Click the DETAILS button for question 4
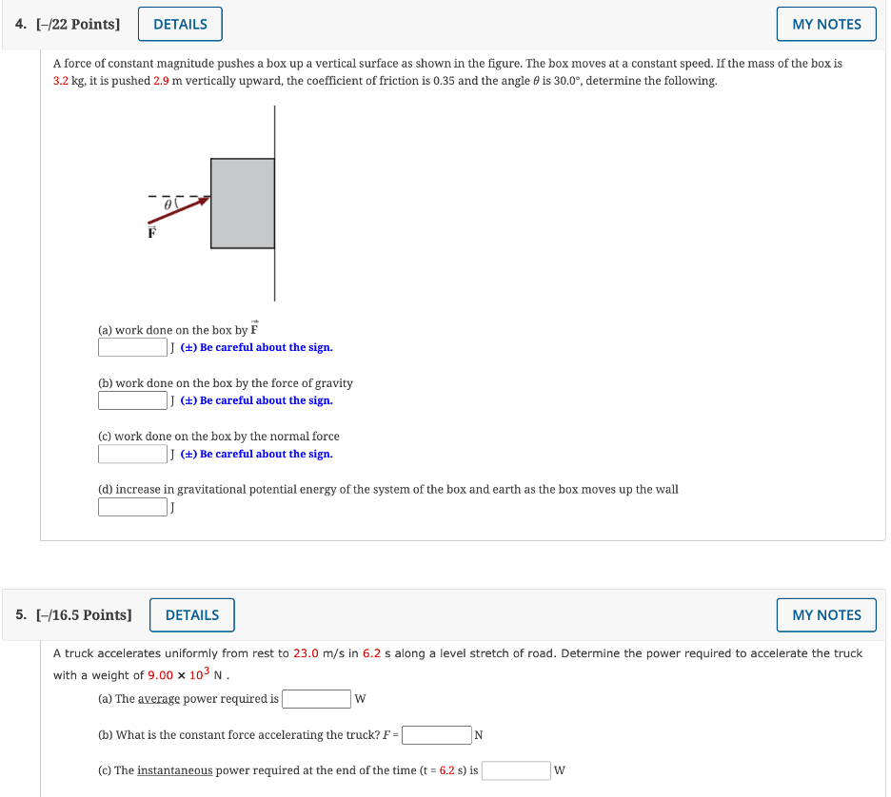(180, 25)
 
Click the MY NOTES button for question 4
(826, 25)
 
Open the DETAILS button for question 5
(192, 615)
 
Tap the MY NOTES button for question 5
(826, 615)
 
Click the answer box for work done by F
(132, 347)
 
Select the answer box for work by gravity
(132, 400)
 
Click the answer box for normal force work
(132, 454)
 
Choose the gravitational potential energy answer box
(132, 507)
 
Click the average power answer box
(316, 699)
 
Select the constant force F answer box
(436, 735)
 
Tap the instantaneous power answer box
(516, 770)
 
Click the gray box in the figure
(243, 204)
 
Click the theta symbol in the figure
(167, 204)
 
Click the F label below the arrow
(150, 232)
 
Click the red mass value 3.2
(61, 81)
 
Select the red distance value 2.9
(161, 81)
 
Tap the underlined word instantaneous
(175, 770)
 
